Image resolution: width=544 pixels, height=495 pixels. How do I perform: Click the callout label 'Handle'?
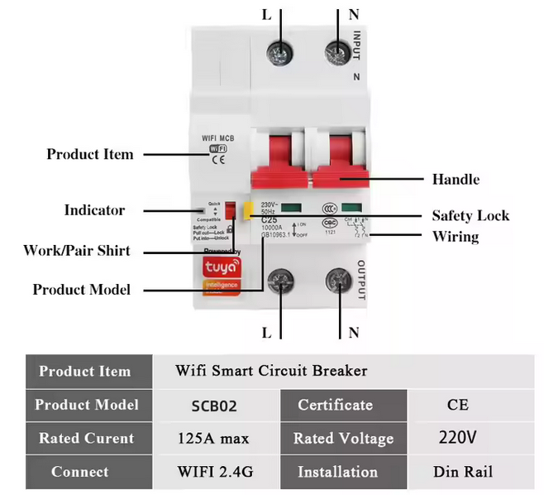[456, 179]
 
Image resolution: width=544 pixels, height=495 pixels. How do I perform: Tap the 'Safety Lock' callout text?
[470, 216]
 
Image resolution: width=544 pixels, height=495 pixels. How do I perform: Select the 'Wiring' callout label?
[456, 237]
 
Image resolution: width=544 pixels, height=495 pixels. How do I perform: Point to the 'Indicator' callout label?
[95, 210]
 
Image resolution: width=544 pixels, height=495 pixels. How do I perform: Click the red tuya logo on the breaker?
[217, 267]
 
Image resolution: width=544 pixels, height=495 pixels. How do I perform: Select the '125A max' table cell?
[213, 438]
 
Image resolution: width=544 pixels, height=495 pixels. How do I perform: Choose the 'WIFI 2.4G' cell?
[213, 472]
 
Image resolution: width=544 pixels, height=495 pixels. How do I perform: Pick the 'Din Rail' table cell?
[463, 472]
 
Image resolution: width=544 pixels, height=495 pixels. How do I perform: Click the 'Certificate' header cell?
[335, 406]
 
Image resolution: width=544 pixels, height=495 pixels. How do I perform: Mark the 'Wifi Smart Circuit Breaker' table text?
[271, 371]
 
